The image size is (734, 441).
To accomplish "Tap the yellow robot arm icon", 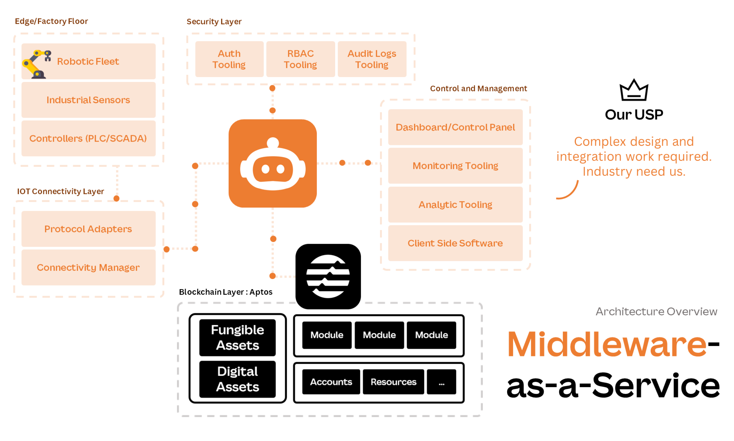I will point(36,64).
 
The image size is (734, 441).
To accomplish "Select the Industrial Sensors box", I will point(88,100).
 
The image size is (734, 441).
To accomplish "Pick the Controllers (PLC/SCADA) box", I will point(88,139).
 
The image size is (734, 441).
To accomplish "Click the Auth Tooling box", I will point(229,59).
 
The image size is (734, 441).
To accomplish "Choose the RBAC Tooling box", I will point(300,59).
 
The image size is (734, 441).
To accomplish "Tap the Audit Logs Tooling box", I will point(372,59).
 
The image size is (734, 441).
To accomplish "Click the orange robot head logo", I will point(272,164).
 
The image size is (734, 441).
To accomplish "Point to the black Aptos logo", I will point(328,276).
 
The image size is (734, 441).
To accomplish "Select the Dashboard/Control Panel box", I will point(455,127).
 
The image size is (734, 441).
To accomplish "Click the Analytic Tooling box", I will point(455,204).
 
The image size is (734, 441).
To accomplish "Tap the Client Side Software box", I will point(455,243).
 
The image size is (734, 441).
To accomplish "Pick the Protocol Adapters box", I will point(88,229).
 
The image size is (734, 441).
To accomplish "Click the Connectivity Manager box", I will point(88,267).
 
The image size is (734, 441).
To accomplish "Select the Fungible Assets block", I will point(237,338).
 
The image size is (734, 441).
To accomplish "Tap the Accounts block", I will point(331,382).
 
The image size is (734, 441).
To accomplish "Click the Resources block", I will point(393,382).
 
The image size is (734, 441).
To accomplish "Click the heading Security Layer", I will point(214,22).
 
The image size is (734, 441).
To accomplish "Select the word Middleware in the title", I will point(606,345).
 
